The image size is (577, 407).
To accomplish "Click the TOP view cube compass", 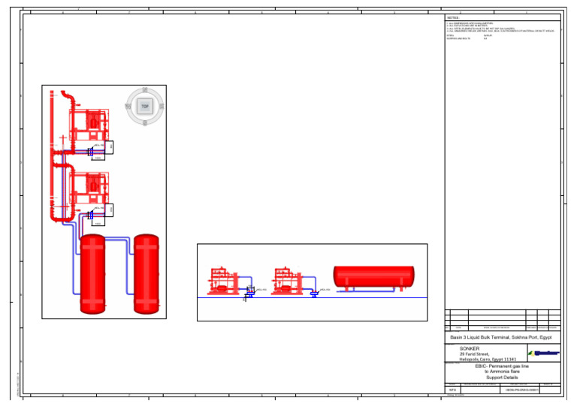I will point(145,107).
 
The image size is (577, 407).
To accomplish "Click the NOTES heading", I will point(452,17).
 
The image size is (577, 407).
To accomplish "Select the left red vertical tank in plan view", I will point(93,273).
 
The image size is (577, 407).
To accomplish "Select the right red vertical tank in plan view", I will point(147,273).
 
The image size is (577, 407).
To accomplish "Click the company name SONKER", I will point(470,348).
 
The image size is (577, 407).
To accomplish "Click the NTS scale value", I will point(452,390).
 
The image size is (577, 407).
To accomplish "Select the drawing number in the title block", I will point(522,390).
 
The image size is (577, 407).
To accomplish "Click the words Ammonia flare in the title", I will point(507,372).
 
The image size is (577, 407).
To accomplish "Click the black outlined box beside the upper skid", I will point(110,147).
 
